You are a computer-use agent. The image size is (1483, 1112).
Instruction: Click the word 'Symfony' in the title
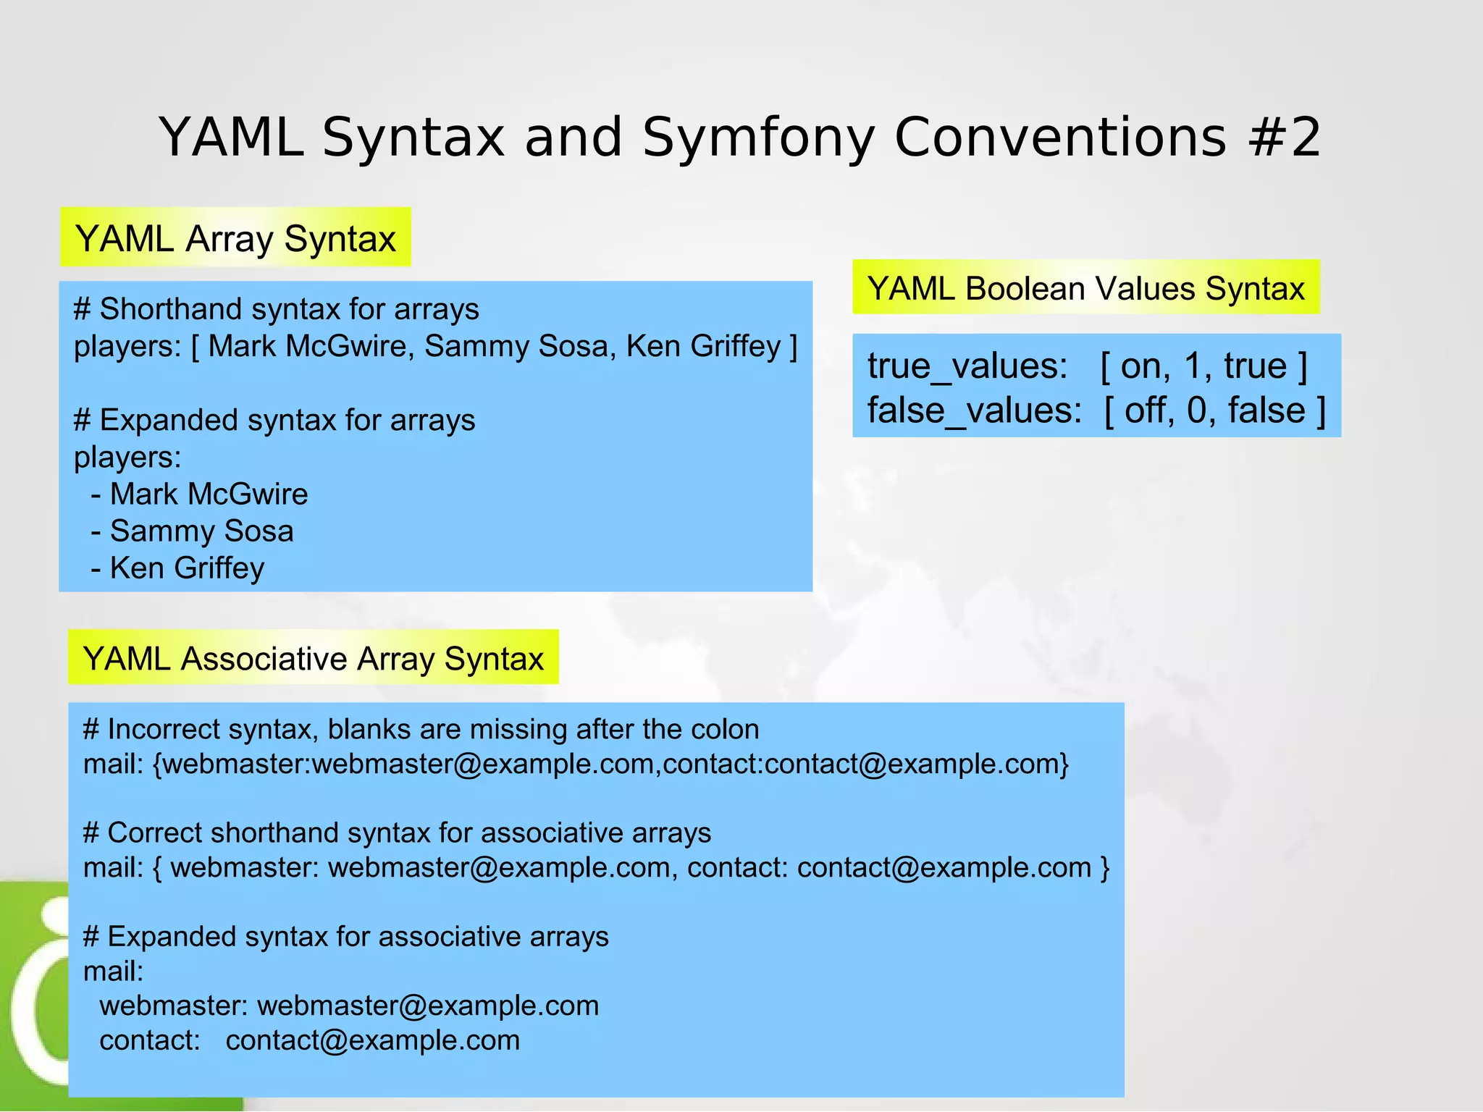click(x=757, y=138)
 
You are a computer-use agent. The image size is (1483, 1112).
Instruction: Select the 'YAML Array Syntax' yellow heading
click(x=235, y=238)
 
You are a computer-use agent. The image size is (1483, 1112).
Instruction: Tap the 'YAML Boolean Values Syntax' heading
click(x=1085, y=288)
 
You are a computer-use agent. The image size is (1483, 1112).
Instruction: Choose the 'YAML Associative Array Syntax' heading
click(x=313, y=658)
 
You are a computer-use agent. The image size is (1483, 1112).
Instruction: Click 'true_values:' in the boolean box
click(x=967, y=366)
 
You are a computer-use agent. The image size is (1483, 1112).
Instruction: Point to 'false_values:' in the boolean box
click(x=975, y=410)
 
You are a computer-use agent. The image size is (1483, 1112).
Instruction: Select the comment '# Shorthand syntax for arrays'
click(x=276, y=309)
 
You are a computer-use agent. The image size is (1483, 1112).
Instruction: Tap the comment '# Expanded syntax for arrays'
click(x=274, y=420)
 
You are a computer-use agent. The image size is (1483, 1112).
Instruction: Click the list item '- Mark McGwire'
click(x=199, y=494)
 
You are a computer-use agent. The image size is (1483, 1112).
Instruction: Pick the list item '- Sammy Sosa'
click(x=192, y=531)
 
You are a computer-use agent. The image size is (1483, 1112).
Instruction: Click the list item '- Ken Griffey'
click(x=177, y=568)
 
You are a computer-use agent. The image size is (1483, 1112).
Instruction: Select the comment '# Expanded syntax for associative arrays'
click(x=345, y=936)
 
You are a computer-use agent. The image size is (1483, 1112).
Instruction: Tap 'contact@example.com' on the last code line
click(x=372, y=1040)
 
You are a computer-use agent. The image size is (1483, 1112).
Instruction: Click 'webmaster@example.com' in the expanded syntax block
click(x=427, y=1006)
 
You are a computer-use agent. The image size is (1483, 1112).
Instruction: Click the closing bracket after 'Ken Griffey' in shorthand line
click(x=794, y=346)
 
